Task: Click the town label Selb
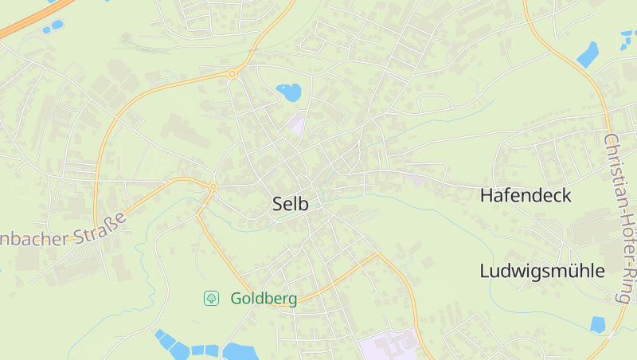(x=290, y=204)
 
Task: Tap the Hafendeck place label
(x=526, y=195)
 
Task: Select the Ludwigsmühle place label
(x=542, y=271)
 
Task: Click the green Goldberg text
(x=264, y=299)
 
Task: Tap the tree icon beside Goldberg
(x=212, y=299)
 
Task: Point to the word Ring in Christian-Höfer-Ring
(x=623, y=285)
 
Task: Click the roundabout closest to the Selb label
(x=213, y=187)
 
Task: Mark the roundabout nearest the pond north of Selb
(x=233, y=74)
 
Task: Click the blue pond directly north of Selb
(x=289, y=92)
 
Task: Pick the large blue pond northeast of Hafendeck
(x=588, y=54)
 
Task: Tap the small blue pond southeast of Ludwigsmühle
(x=598, y=324)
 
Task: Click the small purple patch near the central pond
(x=296, y=123)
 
